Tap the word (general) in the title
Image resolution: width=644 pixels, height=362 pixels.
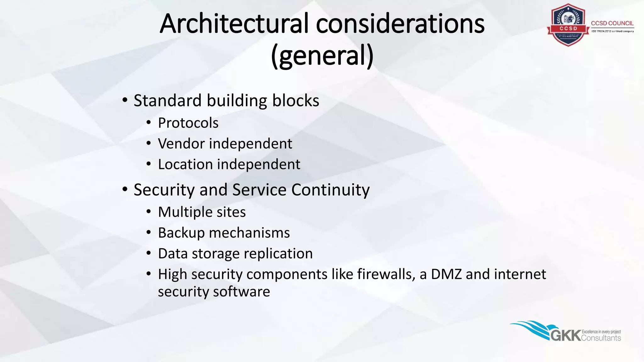coord(322,56)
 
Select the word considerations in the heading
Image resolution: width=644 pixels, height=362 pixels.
coord(400,24)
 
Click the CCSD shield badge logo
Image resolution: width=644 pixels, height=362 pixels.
coord(568,25)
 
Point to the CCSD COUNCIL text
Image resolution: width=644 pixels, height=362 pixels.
coord(612,23)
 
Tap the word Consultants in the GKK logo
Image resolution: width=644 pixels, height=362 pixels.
coord(601,338)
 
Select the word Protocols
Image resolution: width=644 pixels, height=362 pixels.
coord(188,123)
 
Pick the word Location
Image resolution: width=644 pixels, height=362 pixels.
coord(185,164)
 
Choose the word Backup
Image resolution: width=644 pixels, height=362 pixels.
coord(181,233)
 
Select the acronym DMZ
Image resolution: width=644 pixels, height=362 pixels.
coord(446,274)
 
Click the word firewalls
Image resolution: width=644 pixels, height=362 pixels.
coord(385,274)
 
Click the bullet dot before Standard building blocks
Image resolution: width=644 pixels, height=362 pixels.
coord(125,101)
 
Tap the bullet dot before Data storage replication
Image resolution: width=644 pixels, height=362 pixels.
coord(149,253)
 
